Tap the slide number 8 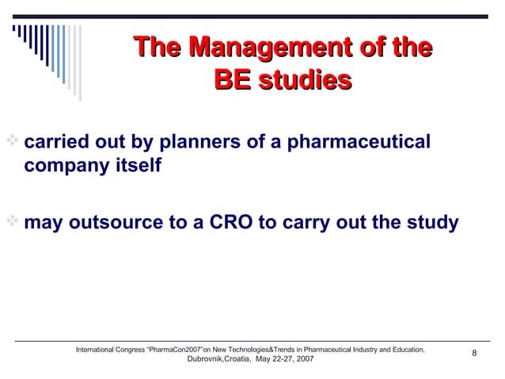[474, 354]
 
